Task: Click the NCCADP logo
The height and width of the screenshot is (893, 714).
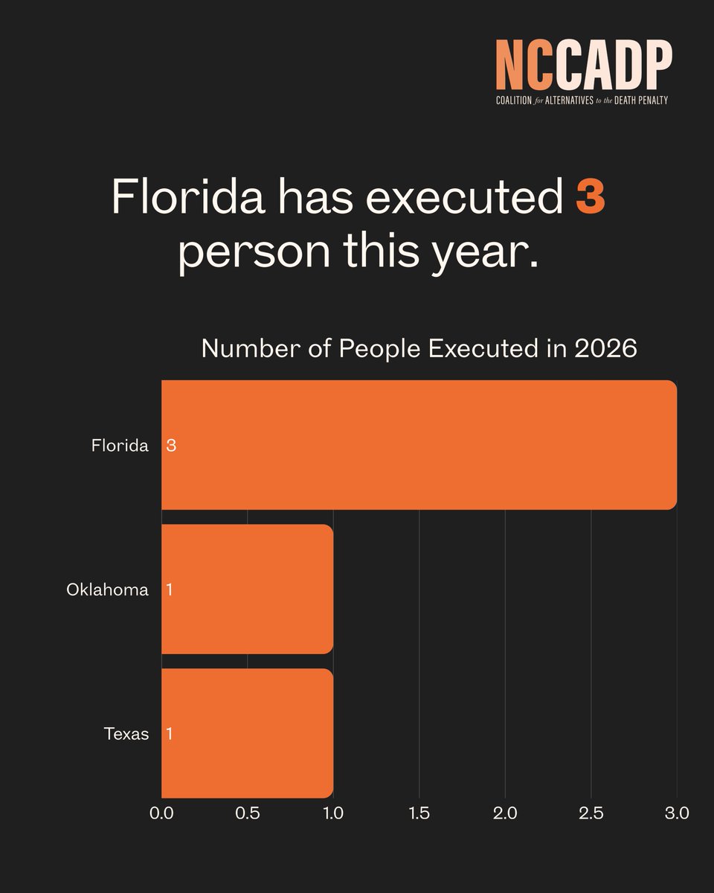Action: (x=584, y=72)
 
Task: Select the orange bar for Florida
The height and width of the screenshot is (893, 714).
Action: (x=419, y=445)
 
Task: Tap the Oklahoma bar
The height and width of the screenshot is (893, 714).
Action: (x=247, y=589)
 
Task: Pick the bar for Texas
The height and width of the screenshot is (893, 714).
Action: (x=247, y=734)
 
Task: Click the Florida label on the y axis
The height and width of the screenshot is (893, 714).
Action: (x=120, y=446)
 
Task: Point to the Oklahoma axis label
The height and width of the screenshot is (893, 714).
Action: (x=107, y=590)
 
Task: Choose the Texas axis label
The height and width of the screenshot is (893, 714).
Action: (x=126, y=734)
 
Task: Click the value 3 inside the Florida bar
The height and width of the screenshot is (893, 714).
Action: (x=171, y=446)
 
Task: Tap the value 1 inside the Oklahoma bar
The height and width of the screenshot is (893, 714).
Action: (x=170, y=590)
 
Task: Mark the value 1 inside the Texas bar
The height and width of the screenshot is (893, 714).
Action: (x=170, y=734)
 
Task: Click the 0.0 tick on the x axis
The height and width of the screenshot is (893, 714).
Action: (x=161, y=813)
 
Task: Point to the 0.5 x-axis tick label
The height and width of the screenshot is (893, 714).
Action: (x=248, y=813)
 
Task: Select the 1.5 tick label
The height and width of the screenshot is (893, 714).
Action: (x=419, y=813)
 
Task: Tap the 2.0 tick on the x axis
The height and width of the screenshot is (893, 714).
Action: (x=505, y=813)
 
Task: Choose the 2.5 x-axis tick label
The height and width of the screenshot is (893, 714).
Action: (x=591, y=813)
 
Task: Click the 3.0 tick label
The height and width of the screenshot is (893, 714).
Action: (x=677, y=813)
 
